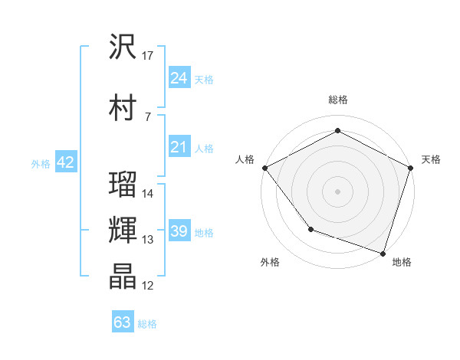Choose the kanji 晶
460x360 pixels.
pos(123,277)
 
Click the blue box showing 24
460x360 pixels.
pos(179,78)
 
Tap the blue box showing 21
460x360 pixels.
pos(179,147)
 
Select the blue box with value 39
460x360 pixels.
pos(179,231)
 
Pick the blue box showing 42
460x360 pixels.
pos(65,162)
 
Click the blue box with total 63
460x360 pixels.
pos(123,322)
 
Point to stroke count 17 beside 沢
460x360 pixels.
pos(148,56)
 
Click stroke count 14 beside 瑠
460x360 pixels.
pos(148,194)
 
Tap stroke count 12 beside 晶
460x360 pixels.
pos(148,286)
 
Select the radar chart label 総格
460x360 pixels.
pos(338,100)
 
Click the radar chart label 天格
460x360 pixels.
pos(431,159)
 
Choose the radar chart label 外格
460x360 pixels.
pos(270,262)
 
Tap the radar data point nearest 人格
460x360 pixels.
pos(264,167)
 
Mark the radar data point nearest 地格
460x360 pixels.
pos(383,252)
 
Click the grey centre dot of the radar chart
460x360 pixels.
pos(337,191)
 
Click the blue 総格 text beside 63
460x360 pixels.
pos(147,324)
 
